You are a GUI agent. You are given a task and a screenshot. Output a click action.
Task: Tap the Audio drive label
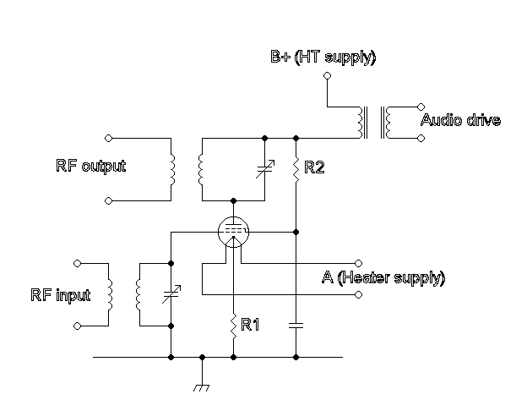click(x=460, y=121)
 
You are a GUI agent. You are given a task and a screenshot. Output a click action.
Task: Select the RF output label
click(x=90, y=166)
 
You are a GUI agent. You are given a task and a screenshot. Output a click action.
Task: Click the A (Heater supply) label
click(x=383, y=277)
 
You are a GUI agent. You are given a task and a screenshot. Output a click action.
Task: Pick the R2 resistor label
click(x=314, y=168)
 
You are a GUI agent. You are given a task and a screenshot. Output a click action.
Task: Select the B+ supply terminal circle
click(x=327, y=75)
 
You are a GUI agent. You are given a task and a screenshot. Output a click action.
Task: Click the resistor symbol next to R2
click(x=296, y=169)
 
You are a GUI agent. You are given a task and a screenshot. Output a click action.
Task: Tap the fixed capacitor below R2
click(x=296, y=324)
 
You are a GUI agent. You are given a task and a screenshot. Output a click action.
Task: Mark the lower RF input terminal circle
click(x=77, y=326)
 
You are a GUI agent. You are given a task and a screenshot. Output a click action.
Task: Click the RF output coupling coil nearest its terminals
click(x=171, y=168)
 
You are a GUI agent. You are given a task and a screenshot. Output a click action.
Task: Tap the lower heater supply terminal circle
click(x=359, y=294)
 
